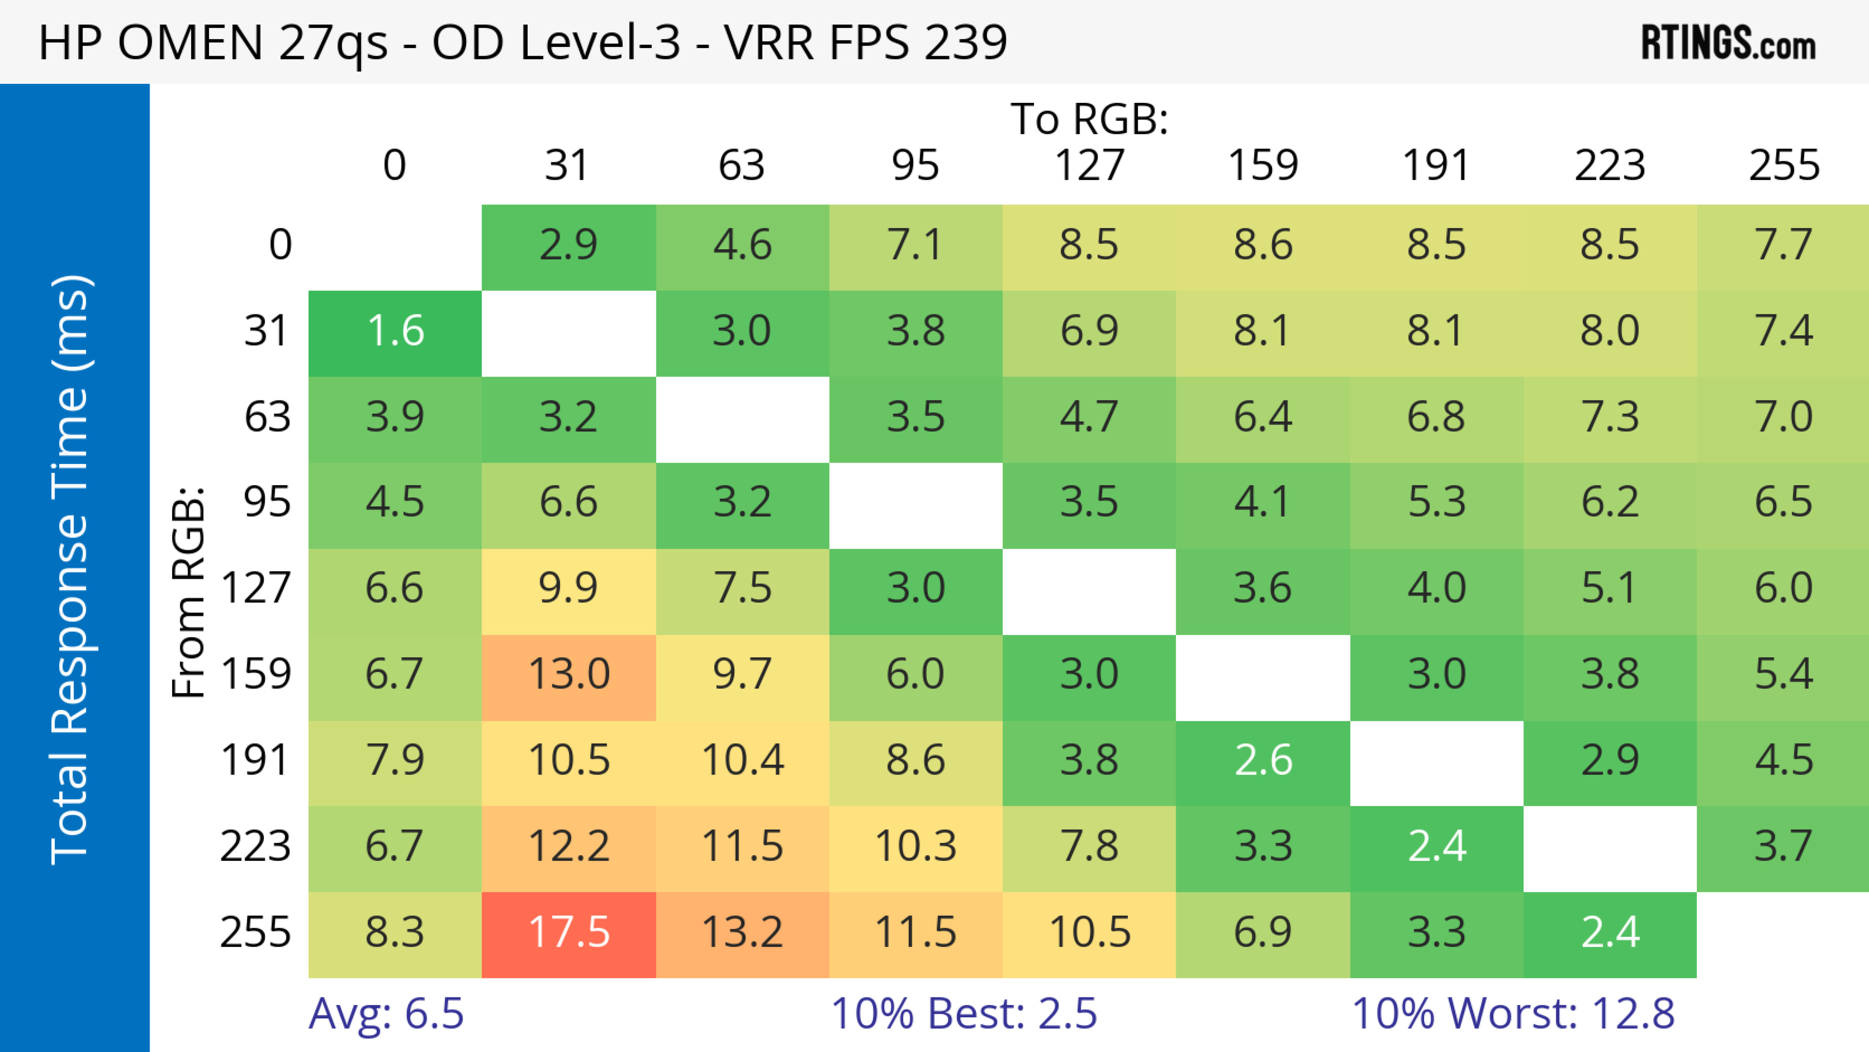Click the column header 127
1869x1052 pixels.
[1089, 166]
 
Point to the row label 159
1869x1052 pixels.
[256, 675]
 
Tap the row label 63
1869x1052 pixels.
[267, 418]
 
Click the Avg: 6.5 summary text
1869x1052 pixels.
[386, 1014]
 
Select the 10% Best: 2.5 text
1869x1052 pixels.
[964, 1014]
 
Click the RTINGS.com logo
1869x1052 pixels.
[1728, 43]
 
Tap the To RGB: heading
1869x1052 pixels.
[1089, 119]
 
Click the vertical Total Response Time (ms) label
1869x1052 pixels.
[71, 570]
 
